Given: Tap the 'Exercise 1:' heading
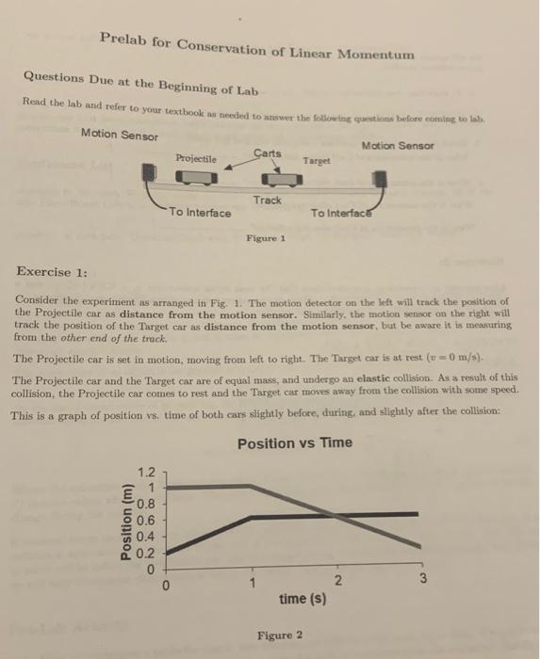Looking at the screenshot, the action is [x=53, y=272].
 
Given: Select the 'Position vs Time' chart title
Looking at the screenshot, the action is [x=295, y=443].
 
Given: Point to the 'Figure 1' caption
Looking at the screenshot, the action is [x=267, y=239].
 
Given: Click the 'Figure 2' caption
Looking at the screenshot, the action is [x=280, y=635].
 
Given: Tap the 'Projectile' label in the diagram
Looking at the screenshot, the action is [x=195, y=158].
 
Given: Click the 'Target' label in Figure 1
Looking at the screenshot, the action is [x=317, y=161].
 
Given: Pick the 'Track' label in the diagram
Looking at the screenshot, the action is [x=267, y=201].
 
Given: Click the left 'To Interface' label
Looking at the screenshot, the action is [x=200, y=213].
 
